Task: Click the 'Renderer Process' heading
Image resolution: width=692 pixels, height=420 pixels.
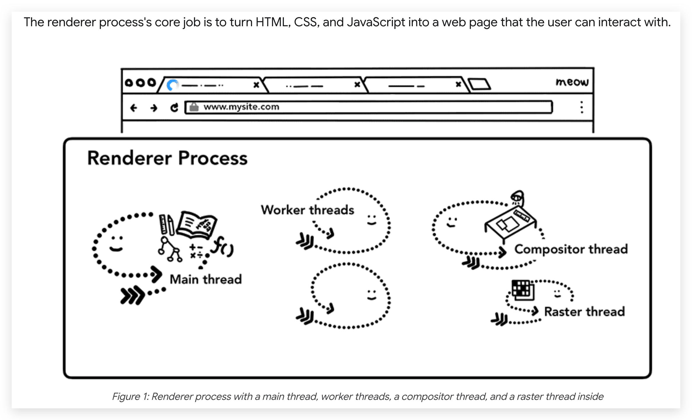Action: tap(167, 158)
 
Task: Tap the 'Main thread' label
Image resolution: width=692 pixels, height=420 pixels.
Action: tap(206, 279)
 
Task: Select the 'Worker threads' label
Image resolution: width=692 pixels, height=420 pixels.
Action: tap(307, 210)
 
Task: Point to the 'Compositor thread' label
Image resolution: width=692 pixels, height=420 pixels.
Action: tap(571, 249)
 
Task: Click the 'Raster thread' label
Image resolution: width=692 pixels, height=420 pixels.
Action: tap(585, 312)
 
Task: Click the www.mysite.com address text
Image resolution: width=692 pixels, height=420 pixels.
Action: tap(241, 107)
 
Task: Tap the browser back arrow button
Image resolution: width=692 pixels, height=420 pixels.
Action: tap(134, 108)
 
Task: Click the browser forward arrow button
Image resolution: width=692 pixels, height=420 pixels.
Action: tap(154, 108)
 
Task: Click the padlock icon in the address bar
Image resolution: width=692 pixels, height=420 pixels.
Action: tap(194, 107)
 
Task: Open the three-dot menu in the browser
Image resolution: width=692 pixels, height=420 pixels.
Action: tap(582, 107)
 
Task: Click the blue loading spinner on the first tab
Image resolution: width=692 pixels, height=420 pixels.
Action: tap(172, 85)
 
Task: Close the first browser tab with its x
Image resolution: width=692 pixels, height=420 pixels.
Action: tap(256, 85)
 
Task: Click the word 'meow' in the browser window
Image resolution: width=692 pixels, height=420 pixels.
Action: tap(572, 82)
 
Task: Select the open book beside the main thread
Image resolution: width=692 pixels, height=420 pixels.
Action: tap(197, 225)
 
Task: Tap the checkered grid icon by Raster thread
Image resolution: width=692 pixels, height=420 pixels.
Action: tap(523, 290)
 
